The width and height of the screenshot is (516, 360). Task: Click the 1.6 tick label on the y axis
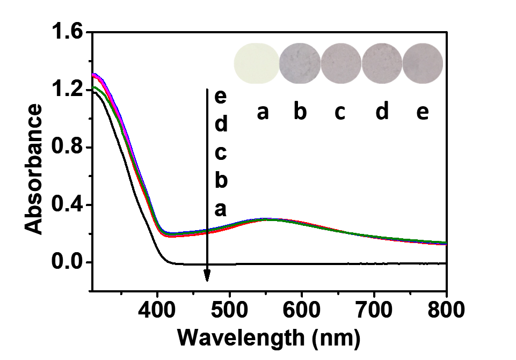[x=67, y=33]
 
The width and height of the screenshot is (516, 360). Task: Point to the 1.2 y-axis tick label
[x=67, y=90]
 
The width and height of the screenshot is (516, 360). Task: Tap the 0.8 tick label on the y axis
[x=67, y=148]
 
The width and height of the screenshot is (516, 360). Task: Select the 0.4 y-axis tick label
[x=67, y=205]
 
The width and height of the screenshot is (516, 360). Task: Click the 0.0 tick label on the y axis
[x=67, y=263]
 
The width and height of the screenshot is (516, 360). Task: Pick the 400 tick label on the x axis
[x=157, y=310]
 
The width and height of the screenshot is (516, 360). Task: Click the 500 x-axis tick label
[x=230, y=310]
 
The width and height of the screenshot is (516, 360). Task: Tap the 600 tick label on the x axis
[x=302, y=310]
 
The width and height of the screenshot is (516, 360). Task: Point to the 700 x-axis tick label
[x=374, y=310]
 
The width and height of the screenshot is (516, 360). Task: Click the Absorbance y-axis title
[x=34, y=170]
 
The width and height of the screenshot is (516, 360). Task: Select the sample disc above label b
[x=300, y=63]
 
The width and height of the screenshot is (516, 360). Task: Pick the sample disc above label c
[x=341, y=63]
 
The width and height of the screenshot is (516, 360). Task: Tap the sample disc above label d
[x=382, y=63]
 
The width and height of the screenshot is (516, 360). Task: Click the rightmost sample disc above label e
[x=423, y=63]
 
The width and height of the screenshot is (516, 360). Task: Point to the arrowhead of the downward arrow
[x=207, y=276]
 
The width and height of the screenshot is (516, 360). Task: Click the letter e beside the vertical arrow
[x=220, y=97]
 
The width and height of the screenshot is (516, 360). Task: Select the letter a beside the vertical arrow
[x=220, y=209]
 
